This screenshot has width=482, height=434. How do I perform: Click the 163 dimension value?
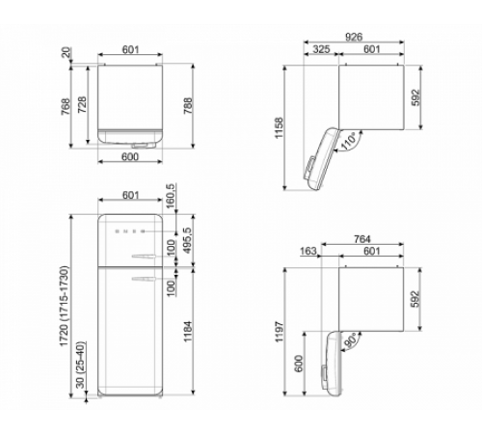tap(309, 251)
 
